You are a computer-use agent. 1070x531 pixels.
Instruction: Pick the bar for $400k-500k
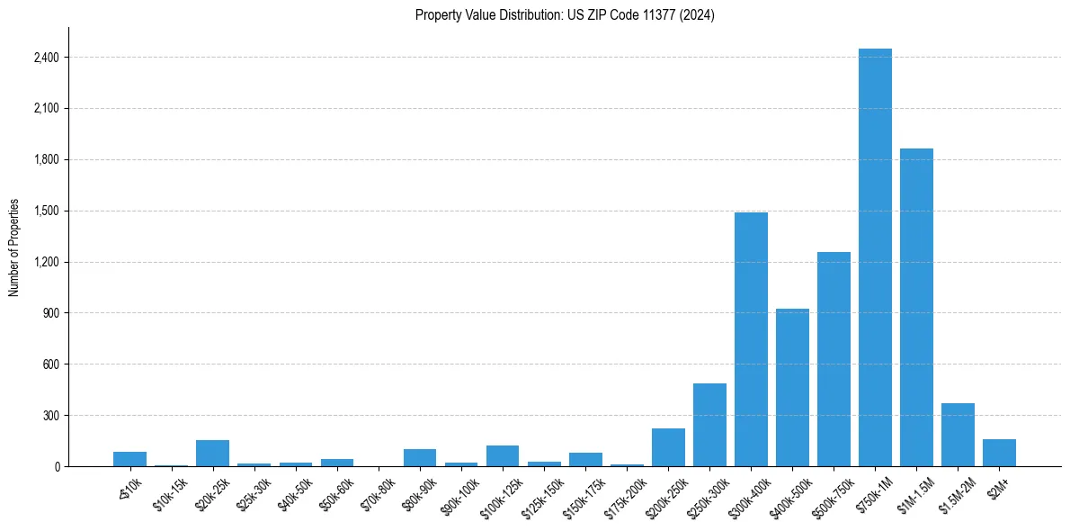[x=792, y=388]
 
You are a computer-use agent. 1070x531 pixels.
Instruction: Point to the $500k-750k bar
[x=834, y=359]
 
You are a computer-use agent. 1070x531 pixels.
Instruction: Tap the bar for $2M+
[x=999, y=453]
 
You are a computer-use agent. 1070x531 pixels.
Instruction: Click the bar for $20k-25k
[x=213, y=454]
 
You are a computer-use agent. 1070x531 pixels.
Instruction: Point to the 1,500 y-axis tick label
[x=45, y=211]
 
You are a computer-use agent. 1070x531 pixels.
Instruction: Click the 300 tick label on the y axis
[x=50, y=416]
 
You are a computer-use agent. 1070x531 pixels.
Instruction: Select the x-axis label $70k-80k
[x=379, y=494]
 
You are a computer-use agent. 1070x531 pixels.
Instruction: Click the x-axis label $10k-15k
[x=172, y=494]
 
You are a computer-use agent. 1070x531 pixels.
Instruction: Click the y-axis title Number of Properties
[x=14, y=247]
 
